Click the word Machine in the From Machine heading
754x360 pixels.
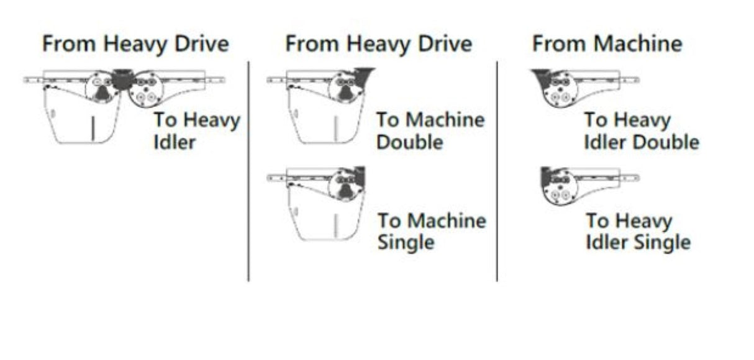click(x=638, y=43)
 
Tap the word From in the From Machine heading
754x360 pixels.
click(x=560, y=43)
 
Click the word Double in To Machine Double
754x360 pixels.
click(x=409, y=142)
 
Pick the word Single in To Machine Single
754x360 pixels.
click(x=406, y=243)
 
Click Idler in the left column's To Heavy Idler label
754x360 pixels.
click(x=174, y=142)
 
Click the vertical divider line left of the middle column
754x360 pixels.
click(x=248, y=171)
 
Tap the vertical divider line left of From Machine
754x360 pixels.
click(x=497, y=171)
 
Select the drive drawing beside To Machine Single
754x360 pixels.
click(x=316, y=203)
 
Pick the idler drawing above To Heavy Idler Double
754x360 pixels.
click(x=585, y=88)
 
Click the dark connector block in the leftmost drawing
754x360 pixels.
click(x=122, y=79)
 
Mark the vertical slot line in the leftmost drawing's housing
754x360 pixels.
click(x=93, y=128)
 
